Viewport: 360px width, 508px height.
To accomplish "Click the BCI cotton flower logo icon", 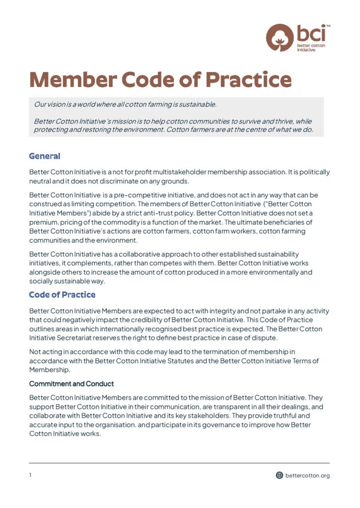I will [x=280, y=37].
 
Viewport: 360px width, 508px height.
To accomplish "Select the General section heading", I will [x=45, y=156].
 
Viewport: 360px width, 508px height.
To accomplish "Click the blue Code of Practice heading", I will [x=62, y=295].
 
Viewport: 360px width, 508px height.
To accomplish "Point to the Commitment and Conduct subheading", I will [x=72, y=384].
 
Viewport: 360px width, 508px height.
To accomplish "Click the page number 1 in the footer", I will [x=30, y=475].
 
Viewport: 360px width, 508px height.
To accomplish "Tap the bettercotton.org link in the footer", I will [x=307, y=475].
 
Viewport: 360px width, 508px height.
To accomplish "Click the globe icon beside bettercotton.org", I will [x=280, y=475].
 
